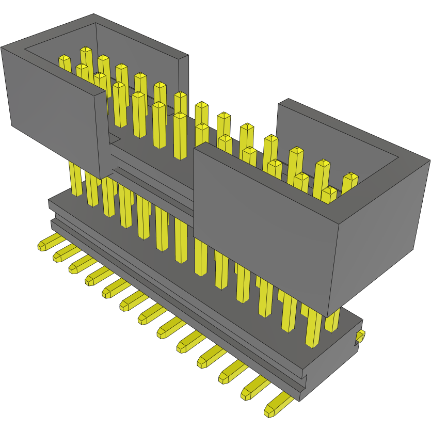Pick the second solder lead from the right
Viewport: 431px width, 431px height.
tap(254, 389)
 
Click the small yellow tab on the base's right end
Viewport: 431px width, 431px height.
tap(360, 337)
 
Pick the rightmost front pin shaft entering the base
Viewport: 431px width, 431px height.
tap(313, 330)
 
